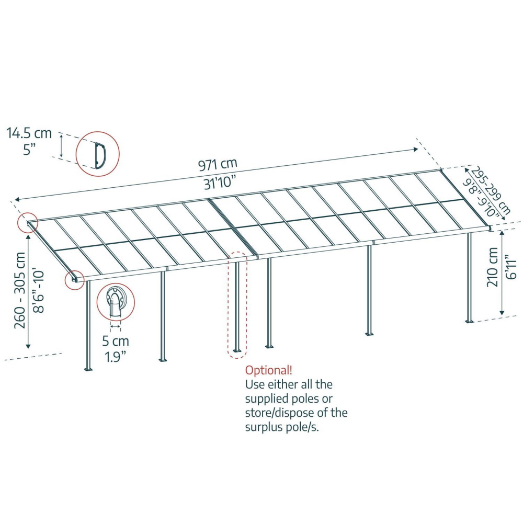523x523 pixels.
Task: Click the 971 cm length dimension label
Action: point(218,164)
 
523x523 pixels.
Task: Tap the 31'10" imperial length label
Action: point(220,183)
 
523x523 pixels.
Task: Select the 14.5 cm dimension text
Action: point(29,133)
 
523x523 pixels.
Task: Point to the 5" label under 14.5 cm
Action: point(29,149)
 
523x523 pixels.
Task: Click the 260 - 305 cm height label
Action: point(20,290)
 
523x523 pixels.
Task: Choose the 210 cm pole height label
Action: point(492,267)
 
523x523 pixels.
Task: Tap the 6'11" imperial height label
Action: point(510,267)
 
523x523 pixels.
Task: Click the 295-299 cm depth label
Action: point(491,190)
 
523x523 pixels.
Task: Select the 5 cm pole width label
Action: point(116,341)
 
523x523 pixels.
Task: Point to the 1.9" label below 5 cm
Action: point(116,357)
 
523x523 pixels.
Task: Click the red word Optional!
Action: point(269,370)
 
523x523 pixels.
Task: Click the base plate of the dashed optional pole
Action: point(237,350)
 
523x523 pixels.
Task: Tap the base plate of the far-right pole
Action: point(470,322)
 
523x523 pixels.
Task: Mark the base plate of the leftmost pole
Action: point(88,369)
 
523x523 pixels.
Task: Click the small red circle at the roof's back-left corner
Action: point(28,222)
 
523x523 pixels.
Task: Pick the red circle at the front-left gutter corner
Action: point(74,280)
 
